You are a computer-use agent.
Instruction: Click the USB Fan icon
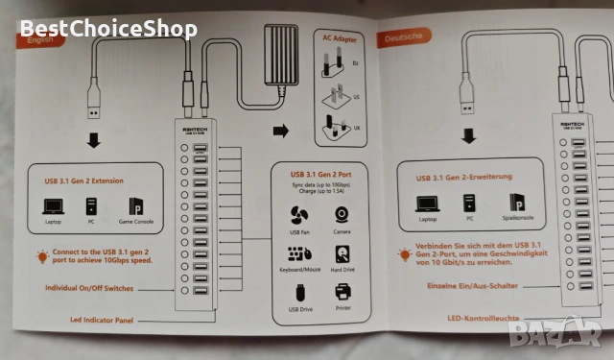tap(297, 216)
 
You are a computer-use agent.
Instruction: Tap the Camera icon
tap(342, 216)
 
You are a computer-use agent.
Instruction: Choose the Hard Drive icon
tap(342, 254)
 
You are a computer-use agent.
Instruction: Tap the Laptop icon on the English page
tap(53, 206)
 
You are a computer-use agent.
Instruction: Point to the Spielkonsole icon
tap(519, 204)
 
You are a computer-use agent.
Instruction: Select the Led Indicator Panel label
tap(94, 320)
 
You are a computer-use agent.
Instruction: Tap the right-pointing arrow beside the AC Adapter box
tap(280, 130)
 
